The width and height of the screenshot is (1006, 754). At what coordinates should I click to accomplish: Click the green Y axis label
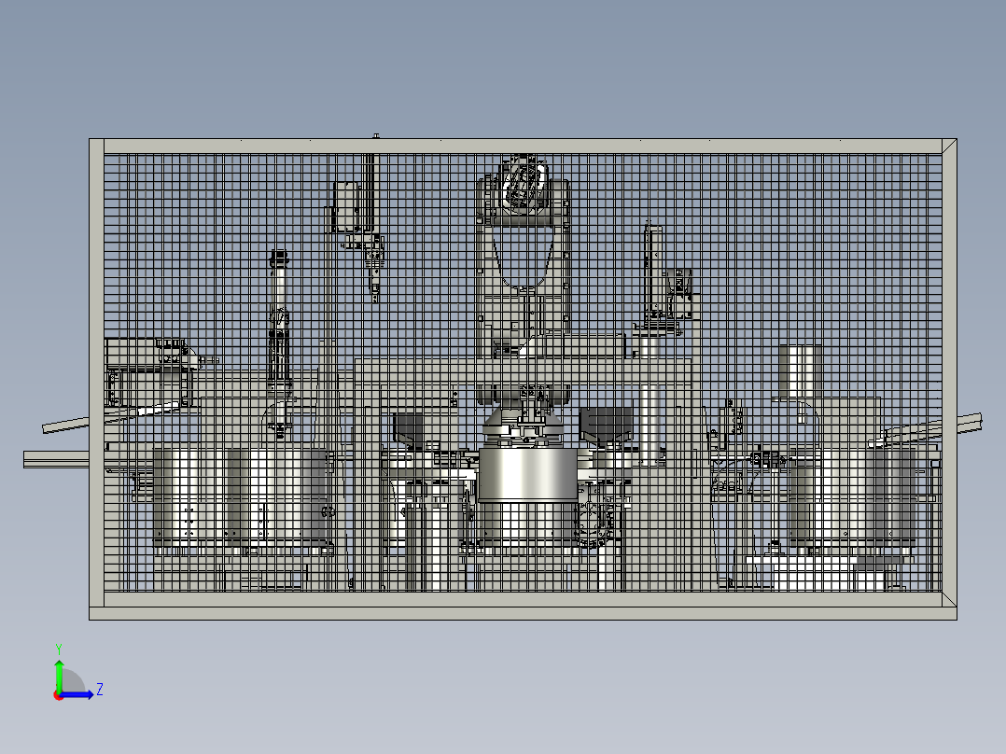(x=58, y=648)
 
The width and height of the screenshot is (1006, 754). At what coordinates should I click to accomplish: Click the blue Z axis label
(x=99, y=690)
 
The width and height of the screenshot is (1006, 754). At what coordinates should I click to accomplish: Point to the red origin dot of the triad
(x=58, y=694)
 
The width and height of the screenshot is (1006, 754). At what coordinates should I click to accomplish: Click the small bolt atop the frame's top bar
(x=375, y=135)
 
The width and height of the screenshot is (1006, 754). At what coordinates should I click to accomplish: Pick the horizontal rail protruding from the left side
(x=56, y=457)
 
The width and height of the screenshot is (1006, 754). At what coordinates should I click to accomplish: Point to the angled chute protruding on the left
(x=70, y=424)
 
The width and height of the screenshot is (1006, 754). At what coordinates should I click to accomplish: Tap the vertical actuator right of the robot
(x=653, y=271)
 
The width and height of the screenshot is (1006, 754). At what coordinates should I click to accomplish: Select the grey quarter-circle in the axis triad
(x=73, y=682)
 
